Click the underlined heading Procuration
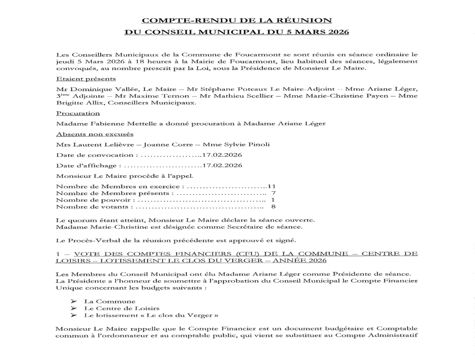pyautogui.click(x=78, y=113)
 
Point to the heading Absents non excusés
pyautogui.click(x=95, y=134)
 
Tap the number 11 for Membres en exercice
pyautogui.click(x=265, y=186)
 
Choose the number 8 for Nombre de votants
pyautogui.click(x=273, y=207)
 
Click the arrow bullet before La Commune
pyautogui.click(x=73, y=301)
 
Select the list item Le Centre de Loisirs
pyautogui.click(x=122, y=308)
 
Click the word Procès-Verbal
pyautogui.click(x=94, y=240)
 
